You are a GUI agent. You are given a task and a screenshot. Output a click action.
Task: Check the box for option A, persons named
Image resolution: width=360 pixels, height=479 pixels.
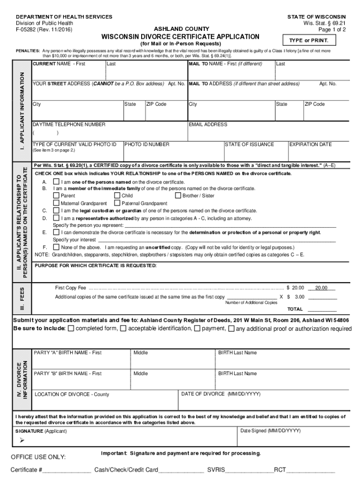[x=56, y=181]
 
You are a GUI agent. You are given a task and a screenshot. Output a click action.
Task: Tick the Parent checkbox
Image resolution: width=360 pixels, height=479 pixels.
[x=56, y=196]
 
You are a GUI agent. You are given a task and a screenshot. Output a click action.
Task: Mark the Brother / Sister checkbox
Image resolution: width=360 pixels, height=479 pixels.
[x=178, y=196]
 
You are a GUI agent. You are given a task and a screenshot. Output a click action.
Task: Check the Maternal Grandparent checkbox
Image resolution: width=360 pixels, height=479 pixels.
[x=56, y=203]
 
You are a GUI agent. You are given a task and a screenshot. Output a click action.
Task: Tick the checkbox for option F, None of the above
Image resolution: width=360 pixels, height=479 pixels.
[x=56, y=247]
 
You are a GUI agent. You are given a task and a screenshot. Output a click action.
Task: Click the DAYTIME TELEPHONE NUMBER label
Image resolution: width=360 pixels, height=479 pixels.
[x=69, y=124]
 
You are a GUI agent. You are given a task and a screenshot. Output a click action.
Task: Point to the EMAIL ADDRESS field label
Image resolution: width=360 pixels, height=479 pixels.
[x=208, y=124]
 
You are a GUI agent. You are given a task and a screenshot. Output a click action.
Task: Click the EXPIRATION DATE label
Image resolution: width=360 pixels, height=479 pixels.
[x=310, y=145]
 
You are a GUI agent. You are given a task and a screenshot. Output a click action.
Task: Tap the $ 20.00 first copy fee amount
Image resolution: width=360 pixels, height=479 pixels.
[x=295, y=288]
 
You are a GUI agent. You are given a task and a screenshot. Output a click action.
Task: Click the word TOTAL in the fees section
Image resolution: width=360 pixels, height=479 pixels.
[x=295, y=309]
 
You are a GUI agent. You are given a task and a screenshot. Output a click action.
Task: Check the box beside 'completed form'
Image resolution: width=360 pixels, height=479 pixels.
[x=71, y=328]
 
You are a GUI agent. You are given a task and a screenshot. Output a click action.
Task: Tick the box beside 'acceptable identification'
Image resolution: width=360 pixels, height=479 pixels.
[x=123, y=328]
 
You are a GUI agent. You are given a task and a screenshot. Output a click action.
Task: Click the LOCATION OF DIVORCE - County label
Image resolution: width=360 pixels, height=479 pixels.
[x=72, y=394]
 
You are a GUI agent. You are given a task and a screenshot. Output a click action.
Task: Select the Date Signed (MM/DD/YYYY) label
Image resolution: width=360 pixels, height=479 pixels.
[x=270, y=430]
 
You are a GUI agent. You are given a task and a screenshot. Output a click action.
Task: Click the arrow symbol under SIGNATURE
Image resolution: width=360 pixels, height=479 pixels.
[x=22, y=440]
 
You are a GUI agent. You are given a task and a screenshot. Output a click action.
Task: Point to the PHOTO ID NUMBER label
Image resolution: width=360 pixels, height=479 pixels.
[x=147, y=145]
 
